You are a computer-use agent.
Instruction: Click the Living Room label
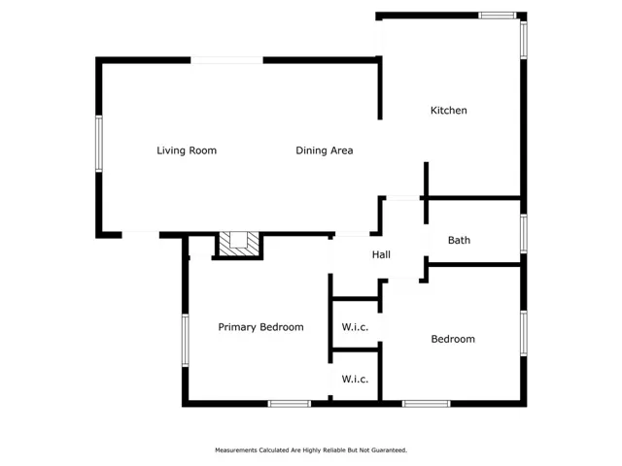[187, 150]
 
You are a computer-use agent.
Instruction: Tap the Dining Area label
[325, 150]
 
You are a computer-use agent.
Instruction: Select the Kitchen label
[449, 110]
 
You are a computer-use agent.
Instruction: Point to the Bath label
[459, 240]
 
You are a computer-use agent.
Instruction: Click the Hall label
[381, 254]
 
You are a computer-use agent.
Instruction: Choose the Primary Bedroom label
[260, 327]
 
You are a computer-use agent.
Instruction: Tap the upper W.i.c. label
[355, 327]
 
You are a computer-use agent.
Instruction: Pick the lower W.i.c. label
[355, 380]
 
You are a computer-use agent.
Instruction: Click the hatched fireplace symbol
[239, 244]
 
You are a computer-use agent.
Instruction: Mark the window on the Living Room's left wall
[99, 144]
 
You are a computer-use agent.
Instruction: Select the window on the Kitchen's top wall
[497, 16]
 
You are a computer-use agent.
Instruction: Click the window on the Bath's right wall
[524, 233]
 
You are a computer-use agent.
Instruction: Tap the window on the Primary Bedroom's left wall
[186, 340]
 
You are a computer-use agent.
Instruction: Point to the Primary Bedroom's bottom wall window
[290, 404]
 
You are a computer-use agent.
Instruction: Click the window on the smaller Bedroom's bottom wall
[426, 404]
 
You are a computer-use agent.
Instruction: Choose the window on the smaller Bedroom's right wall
[524, 333]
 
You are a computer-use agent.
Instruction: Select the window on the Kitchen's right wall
[524, 40]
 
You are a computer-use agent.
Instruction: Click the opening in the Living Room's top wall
[226, 60]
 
